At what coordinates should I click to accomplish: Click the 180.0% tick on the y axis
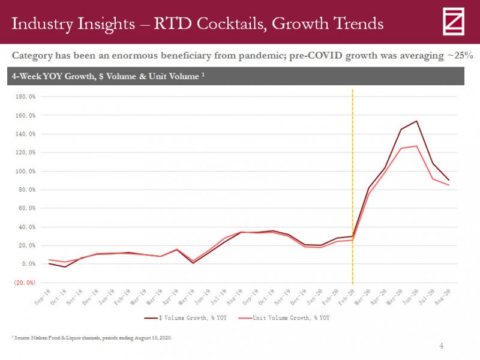pos(25,97)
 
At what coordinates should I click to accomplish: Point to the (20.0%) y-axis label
pos(25,283)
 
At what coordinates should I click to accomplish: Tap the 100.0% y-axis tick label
pos(25,171)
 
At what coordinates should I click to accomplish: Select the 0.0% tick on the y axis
pos(28,264)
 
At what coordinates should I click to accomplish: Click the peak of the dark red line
pos(416,121)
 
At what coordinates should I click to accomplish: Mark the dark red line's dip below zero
pos(65,266)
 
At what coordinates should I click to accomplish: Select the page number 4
pos(442,346)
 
